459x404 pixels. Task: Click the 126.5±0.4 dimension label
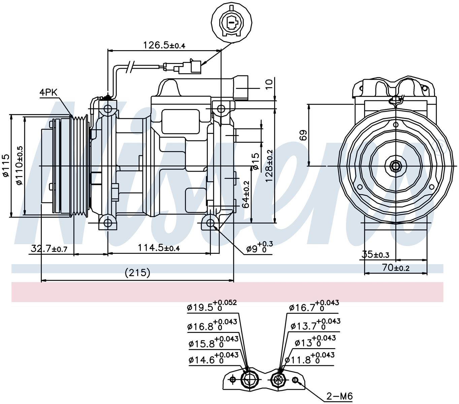coord(164,45)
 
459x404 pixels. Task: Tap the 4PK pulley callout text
coord(48,92)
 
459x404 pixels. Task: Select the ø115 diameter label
coord(6,165)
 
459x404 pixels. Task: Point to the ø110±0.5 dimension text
coord(20,165)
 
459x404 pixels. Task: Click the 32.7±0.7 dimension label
coord(49,249)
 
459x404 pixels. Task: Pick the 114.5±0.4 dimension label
coord(159,248)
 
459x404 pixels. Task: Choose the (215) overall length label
coord(137,273)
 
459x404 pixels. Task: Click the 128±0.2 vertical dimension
coord(269,166)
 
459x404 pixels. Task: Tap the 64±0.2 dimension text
coord(245,194)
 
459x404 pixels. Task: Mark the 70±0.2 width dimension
coord(396,268)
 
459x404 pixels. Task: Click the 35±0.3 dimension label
coord(375,255)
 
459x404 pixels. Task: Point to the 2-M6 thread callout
coord(340,396)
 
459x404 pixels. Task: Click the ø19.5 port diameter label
coord(212,306)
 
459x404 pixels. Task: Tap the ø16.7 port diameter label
coord(314,306)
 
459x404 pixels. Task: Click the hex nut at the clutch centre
coord(395,166)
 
